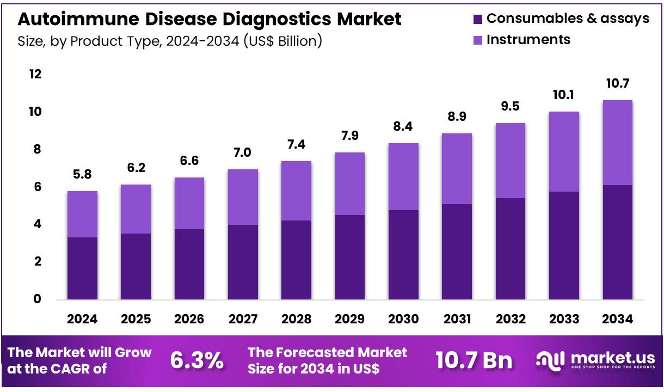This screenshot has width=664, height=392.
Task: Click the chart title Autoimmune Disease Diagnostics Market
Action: click(x=210, y=20)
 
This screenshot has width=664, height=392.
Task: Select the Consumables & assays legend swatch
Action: click(x=477, y=19)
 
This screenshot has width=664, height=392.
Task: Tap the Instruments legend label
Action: click(x=528, y=40)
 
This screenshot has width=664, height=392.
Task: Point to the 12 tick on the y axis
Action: click(x=35, y=74)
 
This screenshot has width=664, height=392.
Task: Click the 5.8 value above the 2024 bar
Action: click(x=82, y=175)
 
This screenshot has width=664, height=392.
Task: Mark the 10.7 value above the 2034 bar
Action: click(x=617, y=84)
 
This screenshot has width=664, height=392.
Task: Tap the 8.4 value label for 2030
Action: click(x=403, y=127)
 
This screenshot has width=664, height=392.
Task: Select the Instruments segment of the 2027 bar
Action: click(x=243, y=197)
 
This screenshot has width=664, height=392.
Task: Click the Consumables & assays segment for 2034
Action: click(x=617, y=242)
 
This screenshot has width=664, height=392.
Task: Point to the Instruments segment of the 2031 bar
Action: click(x=457, y=169)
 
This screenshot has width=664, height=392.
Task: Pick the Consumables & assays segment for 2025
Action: click(x=136, y=266)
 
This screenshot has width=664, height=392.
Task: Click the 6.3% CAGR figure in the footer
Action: click(x=196, y=360)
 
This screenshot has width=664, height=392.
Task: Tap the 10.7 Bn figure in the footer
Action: click(x=474, y=360)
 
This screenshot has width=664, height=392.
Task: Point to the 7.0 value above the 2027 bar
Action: click(x=243, y=153)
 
